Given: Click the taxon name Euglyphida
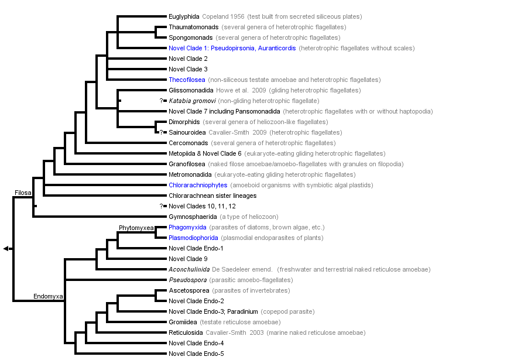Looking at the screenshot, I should [184, 16].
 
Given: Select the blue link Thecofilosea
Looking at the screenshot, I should [186, 80].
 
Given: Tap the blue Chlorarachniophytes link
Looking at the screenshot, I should [198, 185].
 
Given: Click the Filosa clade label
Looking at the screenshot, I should [23, 193].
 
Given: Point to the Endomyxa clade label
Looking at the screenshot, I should [48, 297].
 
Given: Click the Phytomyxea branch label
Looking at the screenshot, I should [136, 227].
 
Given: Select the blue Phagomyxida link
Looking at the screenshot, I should [187, 227].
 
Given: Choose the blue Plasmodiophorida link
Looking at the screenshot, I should [193, 238].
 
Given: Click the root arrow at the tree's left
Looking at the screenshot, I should [6, 249].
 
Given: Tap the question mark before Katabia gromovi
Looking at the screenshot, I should [161, 101].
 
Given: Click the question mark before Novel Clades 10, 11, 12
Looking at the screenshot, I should [161, 206].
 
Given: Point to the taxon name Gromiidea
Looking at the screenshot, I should [183, 322].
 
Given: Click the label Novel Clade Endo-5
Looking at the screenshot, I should [196, 354].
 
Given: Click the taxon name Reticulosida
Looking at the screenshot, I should [186, 332].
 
